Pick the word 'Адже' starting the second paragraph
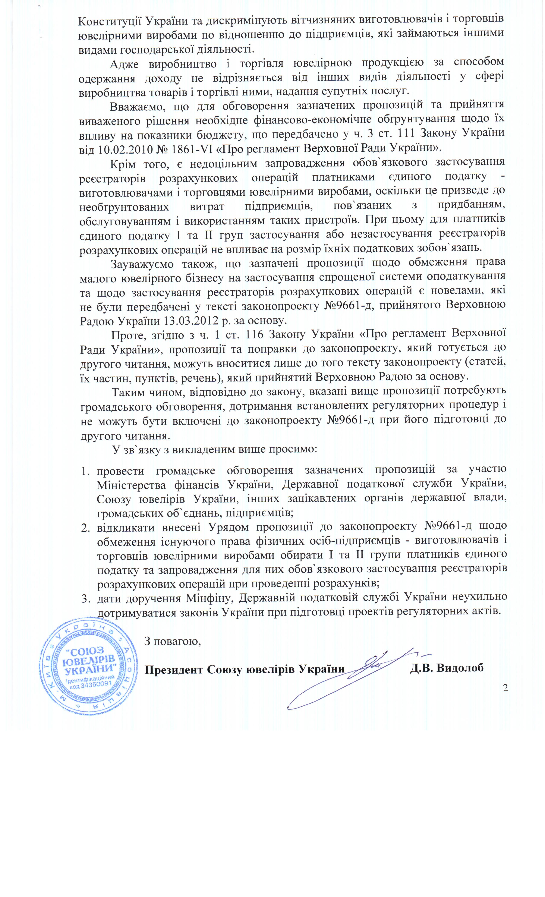tap(124, 63)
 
